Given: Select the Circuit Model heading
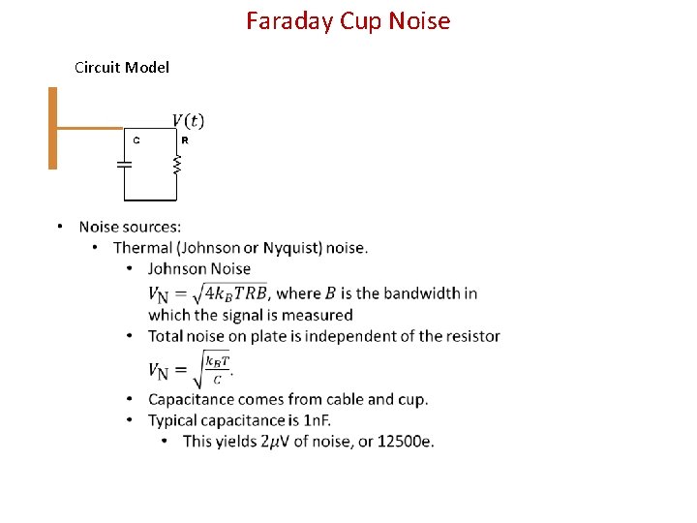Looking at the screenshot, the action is pyautogui.click(x=122, y=67).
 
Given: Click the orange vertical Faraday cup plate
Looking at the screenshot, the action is pyautogui.click(x=53, y=128).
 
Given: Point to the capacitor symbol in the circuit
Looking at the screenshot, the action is pyautogui.click(x=124, y=165).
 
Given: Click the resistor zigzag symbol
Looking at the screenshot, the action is pyautogui.click(x=176, y=166).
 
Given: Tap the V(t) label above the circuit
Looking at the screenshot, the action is pyautogui.click(x=188, y=120).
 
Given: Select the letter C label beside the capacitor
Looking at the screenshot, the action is pyautogui.click(x=136, y=140).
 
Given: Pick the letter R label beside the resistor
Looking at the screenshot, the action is pyautogui.click(x=185, y=140).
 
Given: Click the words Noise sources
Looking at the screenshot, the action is pyautogui.click(x=130, y=227).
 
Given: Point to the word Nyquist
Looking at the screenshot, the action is pyautogui.click(x=289, y=248).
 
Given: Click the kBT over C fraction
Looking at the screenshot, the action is pyautogui.click(x=218, y=370).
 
